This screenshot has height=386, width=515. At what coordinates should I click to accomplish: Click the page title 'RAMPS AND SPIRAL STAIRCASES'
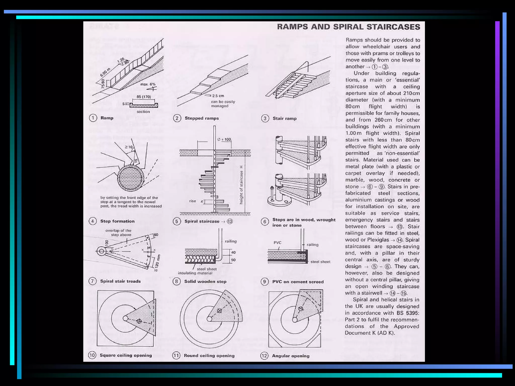pos(348,27)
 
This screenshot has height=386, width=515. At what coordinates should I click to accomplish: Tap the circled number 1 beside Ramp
pos(93,118)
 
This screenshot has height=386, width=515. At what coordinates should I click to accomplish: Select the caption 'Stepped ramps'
pos(201,118)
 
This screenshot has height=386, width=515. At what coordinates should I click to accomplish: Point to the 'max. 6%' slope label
pos(148,84)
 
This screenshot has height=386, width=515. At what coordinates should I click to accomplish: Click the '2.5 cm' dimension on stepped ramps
pos(218,96)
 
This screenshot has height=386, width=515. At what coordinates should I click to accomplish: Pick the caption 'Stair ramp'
pos(284,118)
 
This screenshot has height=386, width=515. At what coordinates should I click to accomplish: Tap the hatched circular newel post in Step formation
pos(131,178)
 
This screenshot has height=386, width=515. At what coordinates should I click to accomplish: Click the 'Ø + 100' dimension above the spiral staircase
pos(224,139)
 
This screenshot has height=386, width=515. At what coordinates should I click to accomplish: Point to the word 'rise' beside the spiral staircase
pos(192,201)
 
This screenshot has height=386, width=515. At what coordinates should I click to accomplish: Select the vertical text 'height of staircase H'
pos(241,185)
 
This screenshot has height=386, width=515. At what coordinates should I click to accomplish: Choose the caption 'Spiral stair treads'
pos(120,281)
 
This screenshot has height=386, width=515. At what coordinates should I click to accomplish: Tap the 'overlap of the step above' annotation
pos(118,233)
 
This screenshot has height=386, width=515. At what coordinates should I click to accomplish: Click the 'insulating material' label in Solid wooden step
pos(195,273)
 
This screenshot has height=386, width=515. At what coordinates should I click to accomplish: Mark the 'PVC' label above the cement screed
pos(277,243)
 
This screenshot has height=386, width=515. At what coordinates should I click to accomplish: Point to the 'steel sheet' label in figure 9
pos(320,262)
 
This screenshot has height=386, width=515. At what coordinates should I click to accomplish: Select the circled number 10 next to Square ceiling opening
pos(92,355)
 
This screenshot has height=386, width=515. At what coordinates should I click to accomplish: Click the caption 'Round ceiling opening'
pos(209,356)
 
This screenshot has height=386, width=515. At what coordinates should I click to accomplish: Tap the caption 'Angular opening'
pos(290,356)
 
